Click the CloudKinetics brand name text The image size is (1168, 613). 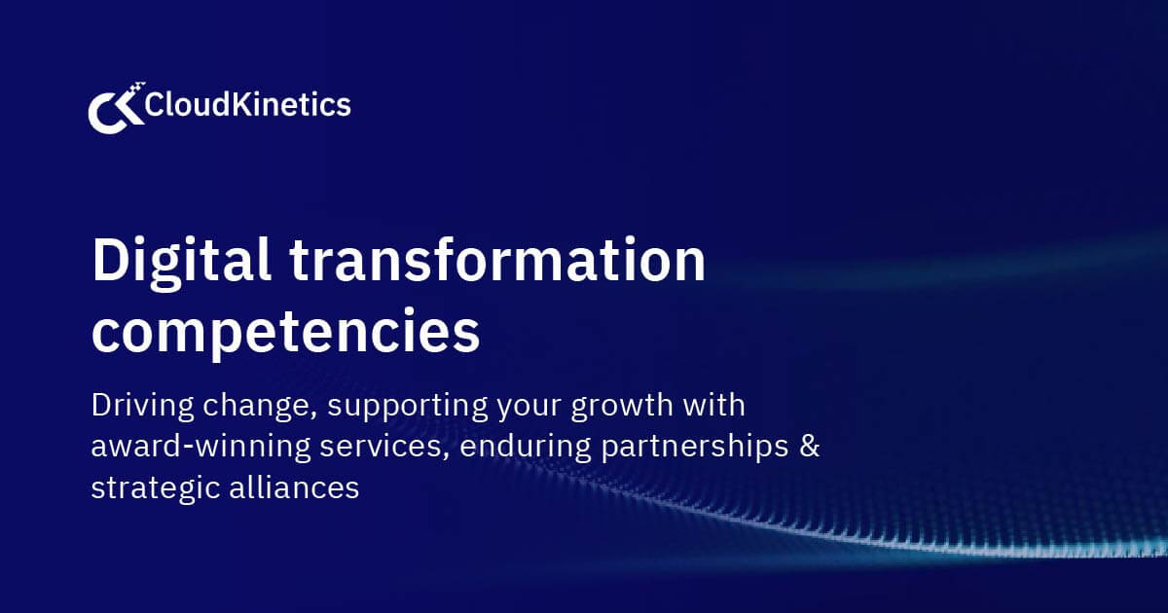tap(247, 105)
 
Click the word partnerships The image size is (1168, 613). tap(690, 449)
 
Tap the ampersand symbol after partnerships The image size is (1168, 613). tap(811, 447)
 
